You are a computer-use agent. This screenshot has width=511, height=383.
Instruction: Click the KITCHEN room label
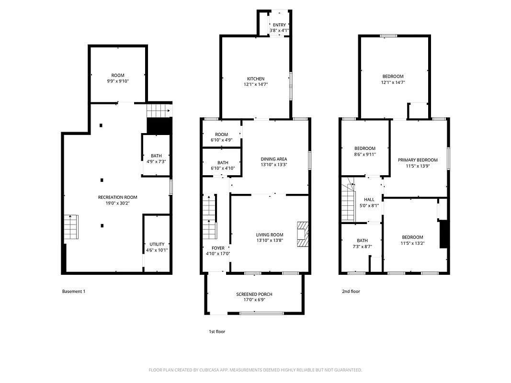pyautogui.click(x=255, y=79)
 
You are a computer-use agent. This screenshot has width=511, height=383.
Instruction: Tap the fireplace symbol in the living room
pyautogui.click(x=303, y=234)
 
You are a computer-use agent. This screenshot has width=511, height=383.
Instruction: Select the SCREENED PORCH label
pyautogui.click(x=254, y=294)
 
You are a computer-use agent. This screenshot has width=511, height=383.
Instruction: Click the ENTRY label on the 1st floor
pyautogui.click(x=279, y=25)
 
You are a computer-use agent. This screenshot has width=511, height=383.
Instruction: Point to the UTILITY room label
pyautogui.click(x=157, y=244)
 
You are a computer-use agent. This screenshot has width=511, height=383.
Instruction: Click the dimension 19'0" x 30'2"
pyautogui.click(x=117, y=203)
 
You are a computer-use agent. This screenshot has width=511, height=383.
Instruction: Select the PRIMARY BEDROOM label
pyautogui.click(x=418, y=160)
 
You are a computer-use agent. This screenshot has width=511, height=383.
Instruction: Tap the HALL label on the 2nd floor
pyautogui.click(x=369, y=200)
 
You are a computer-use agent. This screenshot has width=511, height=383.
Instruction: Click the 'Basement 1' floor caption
pyautogui.click(x=74, y=291)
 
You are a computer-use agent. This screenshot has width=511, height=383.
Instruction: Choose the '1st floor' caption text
pyautogui.click(x=216, y=331)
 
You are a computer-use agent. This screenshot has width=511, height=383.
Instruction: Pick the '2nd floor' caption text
pyautogui.click(x=351, y=291)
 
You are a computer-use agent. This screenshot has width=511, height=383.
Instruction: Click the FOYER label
pyautogui.click(x=218, y=248)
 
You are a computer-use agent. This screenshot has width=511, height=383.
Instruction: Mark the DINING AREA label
pyautogui.click(x=273, y=159)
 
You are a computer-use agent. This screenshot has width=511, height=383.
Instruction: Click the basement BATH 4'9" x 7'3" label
pyautogui.click(x=156, y=156)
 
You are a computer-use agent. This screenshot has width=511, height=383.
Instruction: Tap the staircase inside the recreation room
pyautogui.click(x=70, y=227)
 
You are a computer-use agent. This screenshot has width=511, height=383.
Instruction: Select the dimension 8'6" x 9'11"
pyautogui.click(x=364, y=154)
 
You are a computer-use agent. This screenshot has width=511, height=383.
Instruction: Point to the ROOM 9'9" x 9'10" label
pyautogui.click(x=118, y=76)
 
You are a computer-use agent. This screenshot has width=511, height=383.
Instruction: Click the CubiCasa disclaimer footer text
pyautogui.click(x=255, y=370)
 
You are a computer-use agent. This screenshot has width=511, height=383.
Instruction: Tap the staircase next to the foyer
pyautogui.click(x=209, y=218)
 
